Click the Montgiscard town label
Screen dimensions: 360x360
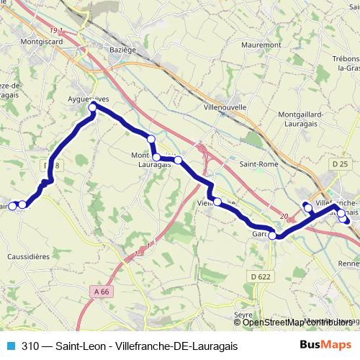42,42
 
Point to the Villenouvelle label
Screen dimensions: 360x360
225,107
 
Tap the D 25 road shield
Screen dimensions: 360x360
341,165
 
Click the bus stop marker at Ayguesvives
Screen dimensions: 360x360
92,108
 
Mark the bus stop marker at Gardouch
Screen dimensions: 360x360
272,235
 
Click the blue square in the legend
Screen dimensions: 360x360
10,346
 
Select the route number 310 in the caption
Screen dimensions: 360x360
30,346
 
